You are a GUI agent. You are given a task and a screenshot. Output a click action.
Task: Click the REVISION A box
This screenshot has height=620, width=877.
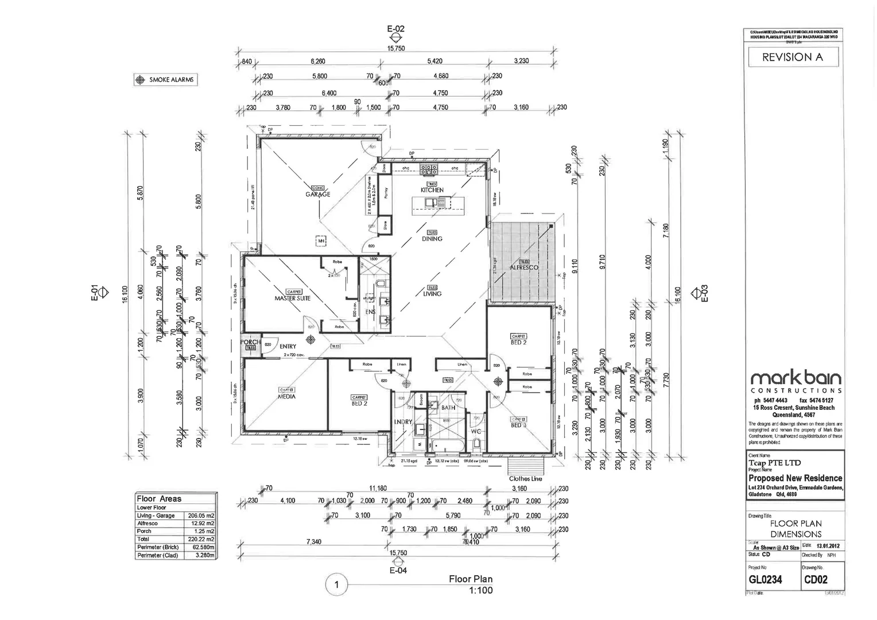tap(793, 57)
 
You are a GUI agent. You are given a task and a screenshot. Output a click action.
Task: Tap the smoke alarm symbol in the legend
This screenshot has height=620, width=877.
tap(140, 80)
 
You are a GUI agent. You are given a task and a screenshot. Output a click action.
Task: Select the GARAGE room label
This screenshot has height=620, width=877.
tap(317, 194)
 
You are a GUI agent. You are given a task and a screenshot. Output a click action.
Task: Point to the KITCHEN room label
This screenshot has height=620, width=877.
tap(432, 190)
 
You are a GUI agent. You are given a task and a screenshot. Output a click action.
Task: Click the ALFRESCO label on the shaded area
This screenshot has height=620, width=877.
tap(524, 268)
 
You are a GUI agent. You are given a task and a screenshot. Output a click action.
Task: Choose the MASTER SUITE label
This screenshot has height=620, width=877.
tap(292, 299)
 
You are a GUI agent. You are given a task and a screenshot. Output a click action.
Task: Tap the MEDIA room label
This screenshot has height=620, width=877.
tap(286, 396)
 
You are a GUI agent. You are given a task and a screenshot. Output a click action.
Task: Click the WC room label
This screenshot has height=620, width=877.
tap(476, 431)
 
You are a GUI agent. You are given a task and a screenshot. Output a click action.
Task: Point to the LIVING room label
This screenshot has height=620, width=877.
tap(432, 293)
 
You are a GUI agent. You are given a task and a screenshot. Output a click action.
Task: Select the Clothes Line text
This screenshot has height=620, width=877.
tap(525, 478)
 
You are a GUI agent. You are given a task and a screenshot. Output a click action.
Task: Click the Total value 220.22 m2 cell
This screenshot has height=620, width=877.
tap(200, 539)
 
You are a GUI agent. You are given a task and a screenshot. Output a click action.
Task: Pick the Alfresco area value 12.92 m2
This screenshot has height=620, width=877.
tap(200, 524)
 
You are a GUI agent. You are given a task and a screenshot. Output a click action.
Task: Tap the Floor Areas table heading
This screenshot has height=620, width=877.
tap(159, 499)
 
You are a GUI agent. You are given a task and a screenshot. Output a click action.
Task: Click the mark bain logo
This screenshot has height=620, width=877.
tap(796, 378)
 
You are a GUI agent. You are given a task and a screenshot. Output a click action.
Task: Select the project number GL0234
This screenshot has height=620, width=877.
tap(765, 580)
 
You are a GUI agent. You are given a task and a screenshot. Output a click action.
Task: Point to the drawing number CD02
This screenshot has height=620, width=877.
tap(816, 580)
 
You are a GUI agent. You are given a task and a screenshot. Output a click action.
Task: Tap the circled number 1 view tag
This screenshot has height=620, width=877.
tap(336, 586)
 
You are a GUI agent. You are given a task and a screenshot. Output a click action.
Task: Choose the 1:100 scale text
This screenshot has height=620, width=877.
tap(481, 590)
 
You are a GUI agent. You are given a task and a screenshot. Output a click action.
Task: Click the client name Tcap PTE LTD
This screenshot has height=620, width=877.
tap(774, 463)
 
